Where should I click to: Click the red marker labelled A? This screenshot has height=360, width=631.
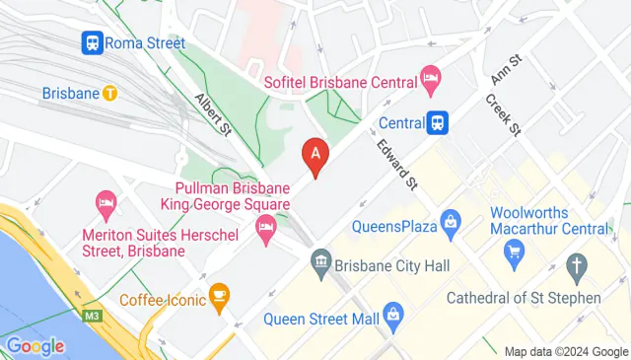point(315,155)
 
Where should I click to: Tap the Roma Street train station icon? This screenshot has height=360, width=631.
point(91,42)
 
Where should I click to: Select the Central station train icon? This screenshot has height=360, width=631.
point(439,123)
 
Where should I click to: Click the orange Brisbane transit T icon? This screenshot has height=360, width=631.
point(110,94)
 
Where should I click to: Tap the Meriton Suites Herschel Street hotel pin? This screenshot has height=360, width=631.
point(106,204)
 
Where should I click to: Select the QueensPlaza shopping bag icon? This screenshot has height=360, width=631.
point(450,223)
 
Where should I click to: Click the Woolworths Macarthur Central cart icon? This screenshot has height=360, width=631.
point(513,254)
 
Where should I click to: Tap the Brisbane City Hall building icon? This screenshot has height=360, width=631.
point(320,263)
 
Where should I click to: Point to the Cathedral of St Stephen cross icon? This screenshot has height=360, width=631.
point(577,264)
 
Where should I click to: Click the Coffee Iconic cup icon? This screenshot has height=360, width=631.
point(219,293)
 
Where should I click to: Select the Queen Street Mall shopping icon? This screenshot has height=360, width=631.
point(393,317)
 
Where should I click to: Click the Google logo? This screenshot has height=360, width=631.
point(35,345)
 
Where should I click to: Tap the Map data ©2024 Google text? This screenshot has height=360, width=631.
point(565,351)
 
